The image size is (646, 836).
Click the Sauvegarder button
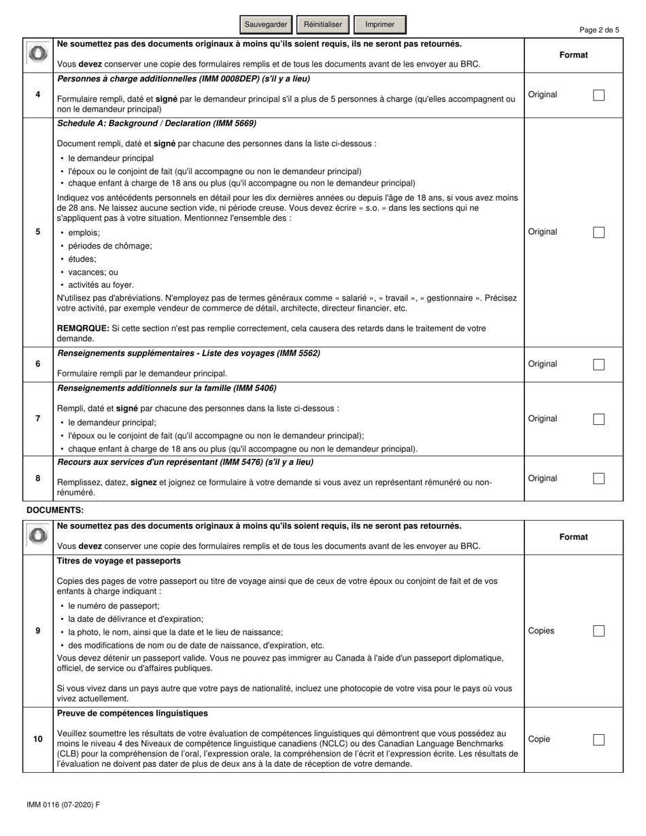click(x=266, y=24)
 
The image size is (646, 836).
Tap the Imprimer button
click(x=379, y=24)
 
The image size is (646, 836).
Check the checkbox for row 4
click(x=598, y=95)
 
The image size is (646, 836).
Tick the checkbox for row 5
click(x=598, y=232)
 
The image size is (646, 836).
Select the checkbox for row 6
click(x=598, y=364)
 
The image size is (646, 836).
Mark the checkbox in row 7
click(x=598, y=419)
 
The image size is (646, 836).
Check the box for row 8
click(x=598, y=478)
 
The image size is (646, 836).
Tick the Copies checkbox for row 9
click(x=598, y=631)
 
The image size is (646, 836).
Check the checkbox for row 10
click(x=598, y=739)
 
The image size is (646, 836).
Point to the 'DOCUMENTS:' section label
click(x=55, y=510)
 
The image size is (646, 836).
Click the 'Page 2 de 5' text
click(x=599, y=30)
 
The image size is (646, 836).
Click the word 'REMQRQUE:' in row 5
click(x=83, y=328)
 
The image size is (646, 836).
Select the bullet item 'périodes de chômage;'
click(x=110, y=245)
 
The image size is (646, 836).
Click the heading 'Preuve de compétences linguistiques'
click(x=133, y=714)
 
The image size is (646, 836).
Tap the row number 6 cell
click(x=38, y=364)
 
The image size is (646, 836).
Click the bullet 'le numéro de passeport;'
click(x=114, y=606)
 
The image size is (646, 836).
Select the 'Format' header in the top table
click(x=573, y=55)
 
